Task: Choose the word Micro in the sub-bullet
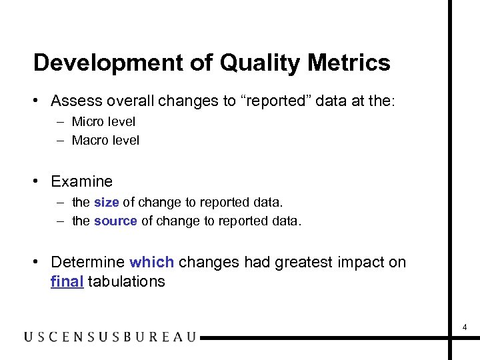[89, 121]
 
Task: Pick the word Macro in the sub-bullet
[91, 140]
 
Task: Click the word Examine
[81, 181]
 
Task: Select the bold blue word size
[107, 202]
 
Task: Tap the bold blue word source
[115, 221]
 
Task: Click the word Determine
[87, 262]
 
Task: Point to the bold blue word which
[152, 262]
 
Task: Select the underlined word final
[67, 281]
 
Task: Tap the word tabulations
[126, 281]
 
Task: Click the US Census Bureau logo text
[110, 337]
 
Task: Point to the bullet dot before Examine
[39, 181]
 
